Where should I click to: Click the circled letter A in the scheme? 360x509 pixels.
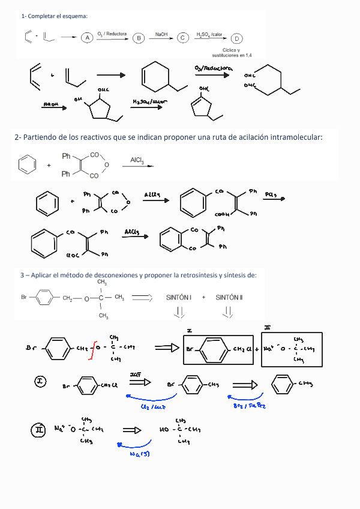[87, 38]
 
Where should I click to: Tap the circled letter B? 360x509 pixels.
[139, 38]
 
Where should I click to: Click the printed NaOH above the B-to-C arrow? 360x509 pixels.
[161, 34]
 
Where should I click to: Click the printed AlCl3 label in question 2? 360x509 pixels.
[137, 160]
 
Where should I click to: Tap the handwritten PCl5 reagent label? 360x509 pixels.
[271, 194]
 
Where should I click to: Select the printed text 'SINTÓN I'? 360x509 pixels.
[178, 297]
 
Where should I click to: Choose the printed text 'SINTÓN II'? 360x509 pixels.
[229, 297]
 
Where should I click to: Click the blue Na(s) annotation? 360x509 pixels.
[139, 453]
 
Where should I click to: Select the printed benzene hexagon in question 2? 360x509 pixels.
[26, 164]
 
